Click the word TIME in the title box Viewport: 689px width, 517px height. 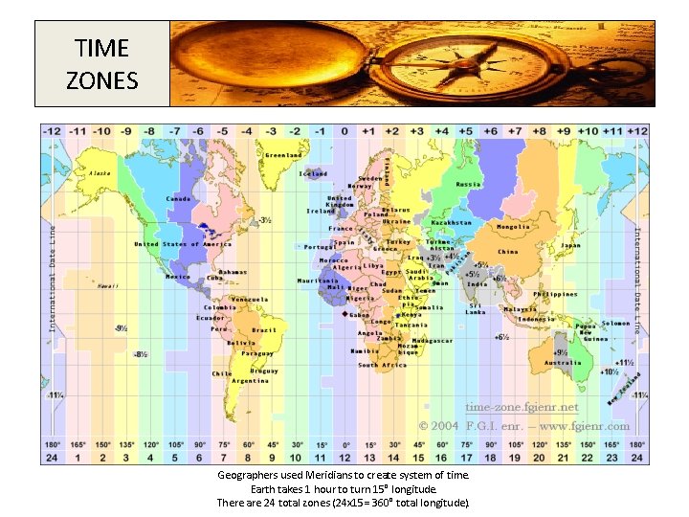pos(101,48)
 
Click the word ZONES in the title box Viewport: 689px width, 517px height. pos(101,79)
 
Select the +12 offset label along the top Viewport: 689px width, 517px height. pos(637,131)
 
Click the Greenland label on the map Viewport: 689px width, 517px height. pos(283,154)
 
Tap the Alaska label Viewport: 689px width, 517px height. pos(100,173)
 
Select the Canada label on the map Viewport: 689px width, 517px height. pos(179,198)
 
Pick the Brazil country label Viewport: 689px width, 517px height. pos(263,329)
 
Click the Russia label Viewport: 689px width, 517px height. pos(469,184)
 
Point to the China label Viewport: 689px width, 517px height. pos(508,252)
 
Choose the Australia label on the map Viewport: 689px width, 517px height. pos(563,363)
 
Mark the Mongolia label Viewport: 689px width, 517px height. pos(513,227)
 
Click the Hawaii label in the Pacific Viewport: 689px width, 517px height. pos(108,285)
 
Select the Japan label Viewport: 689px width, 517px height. pos(570,245)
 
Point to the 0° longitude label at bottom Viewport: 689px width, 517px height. pos(345,444)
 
